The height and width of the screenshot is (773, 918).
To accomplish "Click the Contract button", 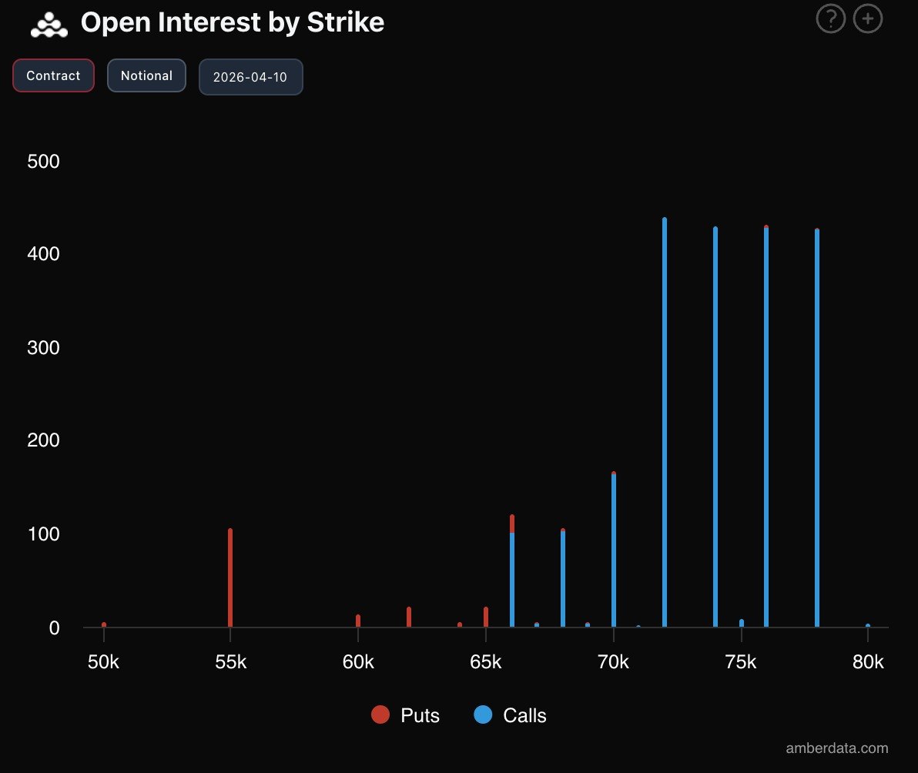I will [x=53, y=75].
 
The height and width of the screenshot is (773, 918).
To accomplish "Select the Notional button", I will [x=146, y=75].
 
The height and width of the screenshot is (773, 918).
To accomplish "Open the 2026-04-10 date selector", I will [x=250, y=78].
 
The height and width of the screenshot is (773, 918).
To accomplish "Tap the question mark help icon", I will [x=830, y=19].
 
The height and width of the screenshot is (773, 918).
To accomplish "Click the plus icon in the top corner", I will [x=868, y=19].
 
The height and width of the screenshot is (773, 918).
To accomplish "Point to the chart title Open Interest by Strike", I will [x=232, y=23].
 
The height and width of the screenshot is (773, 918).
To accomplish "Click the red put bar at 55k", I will [x=230, y=577].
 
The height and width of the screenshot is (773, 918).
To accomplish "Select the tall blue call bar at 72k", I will [x=665, y=423].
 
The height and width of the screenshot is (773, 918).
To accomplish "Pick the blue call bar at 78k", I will [x=817, y=428].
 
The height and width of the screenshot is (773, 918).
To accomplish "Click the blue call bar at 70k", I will [x=614, y=550].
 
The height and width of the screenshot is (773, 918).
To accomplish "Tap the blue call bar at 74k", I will [x=715, y=427].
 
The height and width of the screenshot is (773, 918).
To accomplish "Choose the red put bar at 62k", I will [x=409, y=617].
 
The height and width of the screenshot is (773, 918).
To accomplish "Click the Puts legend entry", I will [x=406, y=715].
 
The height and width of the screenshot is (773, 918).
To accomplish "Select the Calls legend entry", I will [x=511, y=715].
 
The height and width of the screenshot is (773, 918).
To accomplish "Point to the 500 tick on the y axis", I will [x=43, y=162].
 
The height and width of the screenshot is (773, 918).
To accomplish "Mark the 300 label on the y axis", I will [x=43, y=348].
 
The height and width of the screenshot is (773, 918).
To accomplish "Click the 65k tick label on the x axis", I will [x=485, y=662].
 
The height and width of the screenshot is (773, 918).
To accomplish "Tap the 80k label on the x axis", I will [x=868, y=662].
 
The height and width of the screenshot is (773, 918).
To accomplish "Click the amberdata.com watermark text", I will [x=836, y=748].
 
